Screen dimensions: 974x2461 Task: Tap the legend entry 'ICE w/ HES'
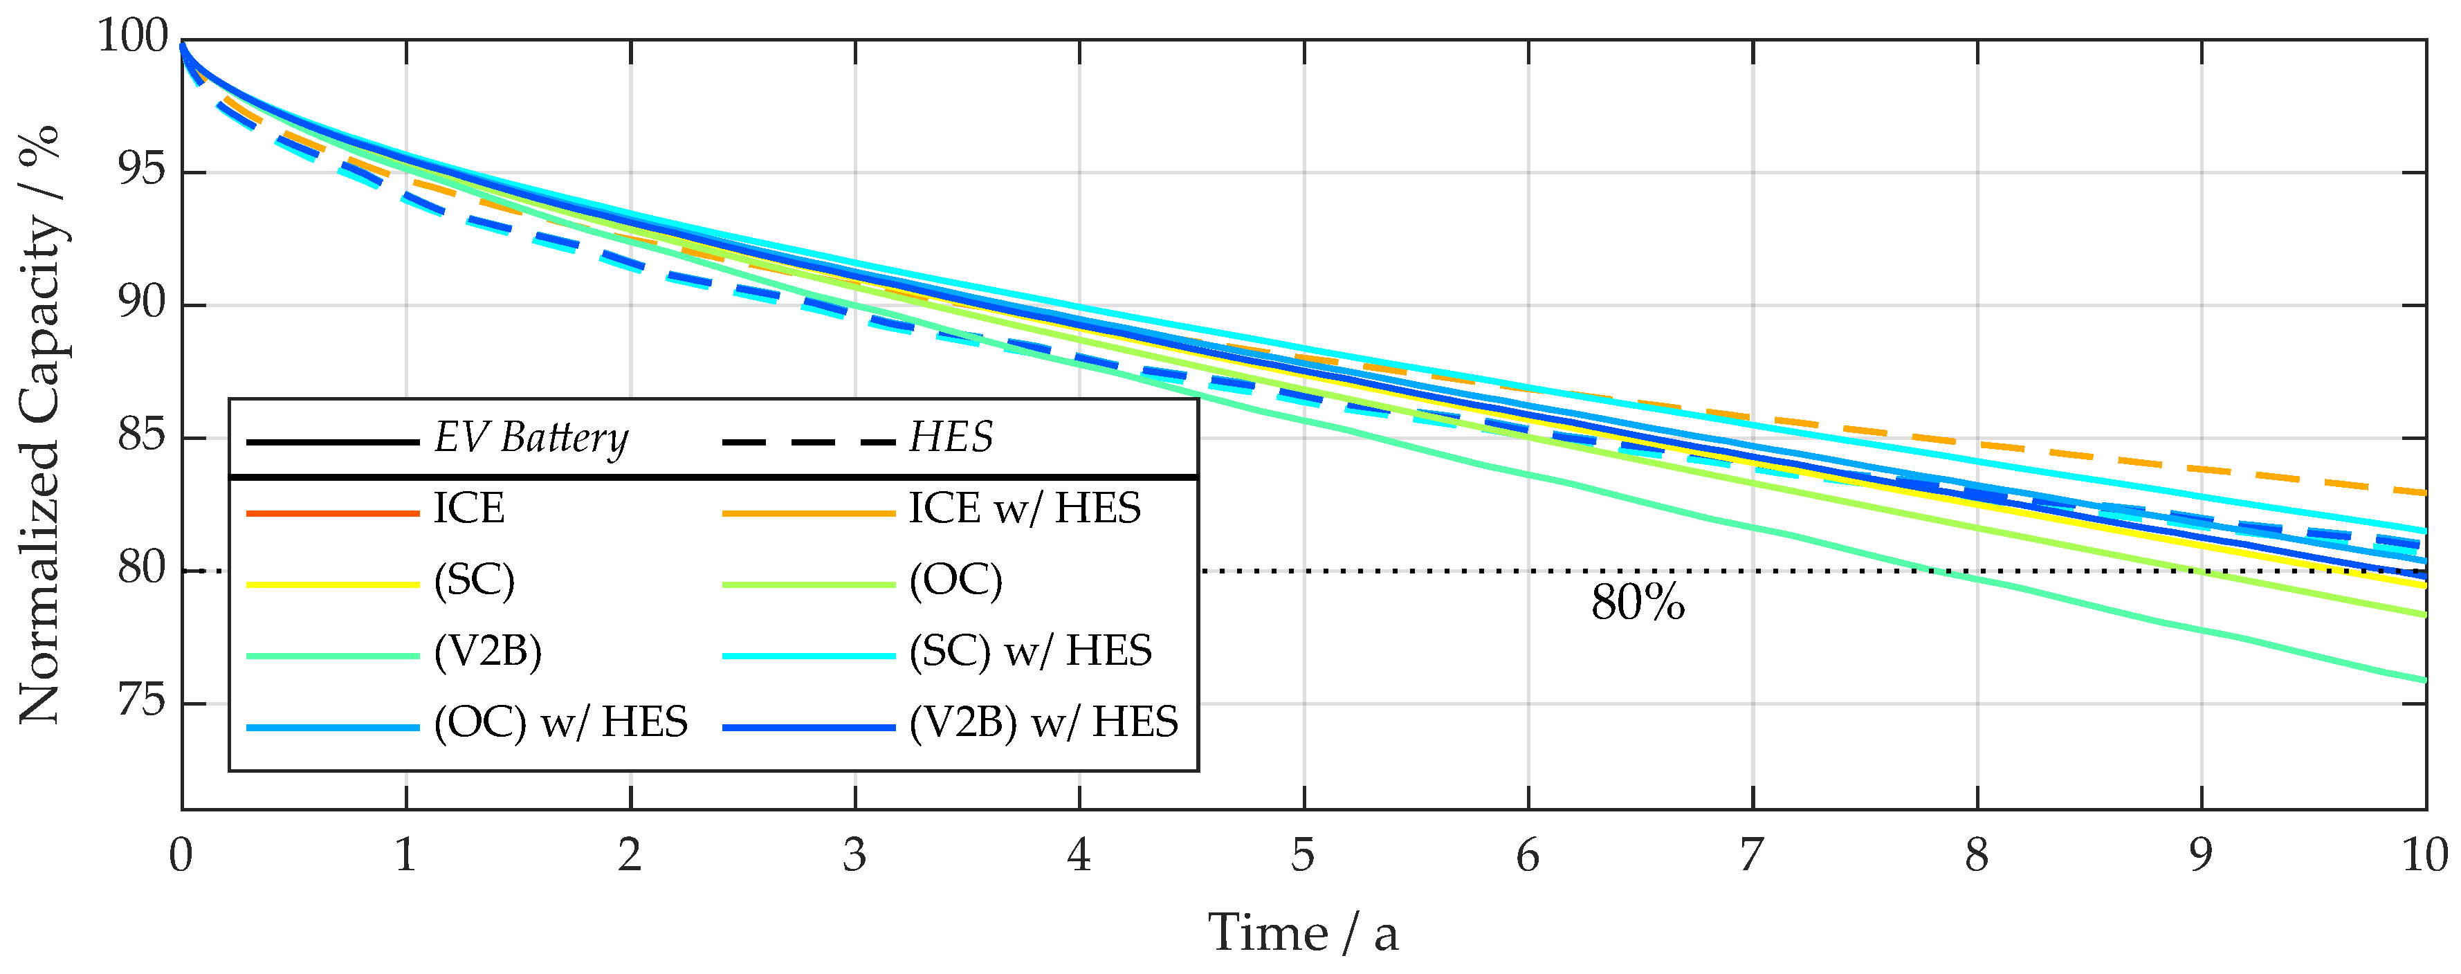[x=1024, y=508]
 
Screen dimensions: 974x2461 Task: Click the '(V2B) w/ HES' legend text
[x=1043, y=722]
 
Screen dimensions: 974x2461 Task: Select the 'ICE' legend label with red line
[x=468, y=508]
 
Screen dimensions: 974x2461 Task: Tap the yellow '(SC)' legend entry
[x=474, y=580]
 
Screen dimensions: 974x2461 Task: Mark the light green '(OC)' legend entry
[x=955, y=580]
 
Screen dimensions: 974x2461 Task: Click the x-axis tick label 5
[x=1303, y=854]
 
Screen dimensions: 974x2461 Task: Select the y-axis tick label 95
[x=141, y=172]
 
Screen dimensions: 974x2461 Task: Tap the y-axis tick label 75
[x=141, y=703]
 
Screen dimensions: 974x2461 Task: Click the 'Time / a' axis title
[x=1303, y=933]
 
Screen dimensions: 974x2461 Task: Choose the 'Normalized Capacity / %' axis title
[x=40, y=425]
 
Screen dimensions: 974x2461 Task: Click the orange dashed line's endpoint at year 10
[x=2423, y=493]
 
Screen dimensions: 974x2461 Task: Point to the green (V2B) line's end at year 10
[x=2423, y=680]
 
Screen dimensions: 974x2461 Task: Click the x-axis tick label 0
[x=181, y=854]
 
